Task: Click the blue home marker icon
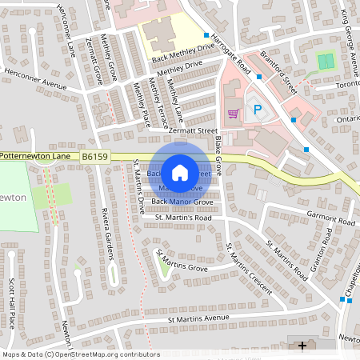point(180,172)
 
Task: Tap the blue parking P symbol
point(257,110)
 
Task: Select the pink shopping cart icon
point(234,113)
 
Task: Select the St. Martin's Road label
point(182,217)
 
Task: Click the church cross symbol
point(302,346)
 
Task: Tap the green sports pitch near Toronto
point(325,61)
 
